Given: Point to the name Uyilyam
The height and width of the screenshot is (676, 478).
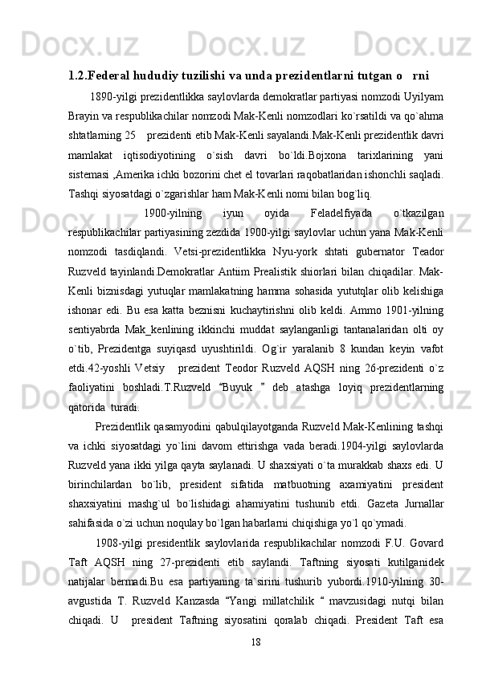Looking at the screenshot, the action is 424,96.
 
